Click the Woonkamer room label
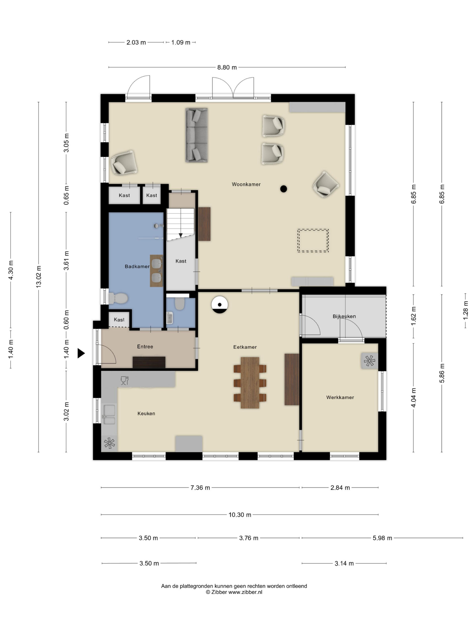[246, 184]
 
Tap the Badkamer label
[137, 266]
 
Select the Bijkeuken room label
[344, 317]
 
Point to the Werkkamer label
[340, 397]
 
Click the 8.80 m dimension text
[227, 67]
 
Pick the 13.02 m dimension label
[38, 277]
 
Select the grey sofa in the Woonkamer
[197, 135]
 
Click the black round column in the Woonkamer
[283, 189]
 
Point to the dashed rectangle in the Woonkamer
[313, 240]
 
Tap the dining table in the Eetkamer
[250, 382]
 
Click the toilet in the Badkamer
[118, 298]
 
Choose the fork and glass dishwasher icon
[124, 380]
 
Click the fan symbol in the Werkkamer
[369, 361]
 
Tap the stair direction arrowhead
[181, 235]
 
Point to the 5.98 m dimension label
[382, 538]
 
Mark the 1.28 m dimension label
[465, 310]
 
